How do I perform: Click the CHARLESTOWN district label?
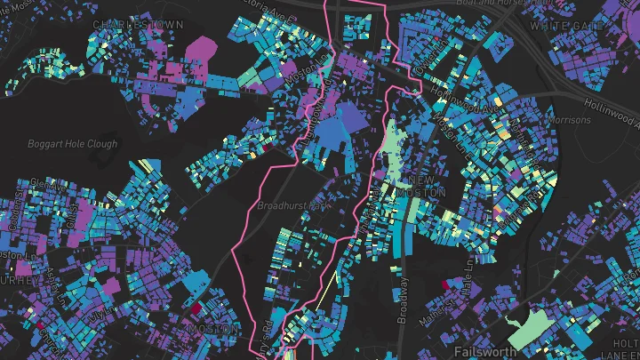137,24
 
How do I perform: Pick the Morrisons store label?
568,119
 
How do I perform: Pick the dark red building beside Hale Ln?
446,285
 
